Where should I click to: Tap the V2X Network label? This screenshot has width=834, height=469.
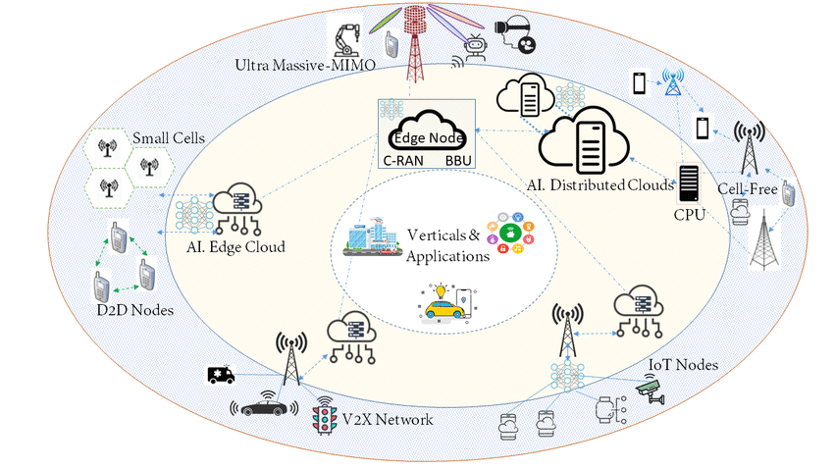tap(388, 420)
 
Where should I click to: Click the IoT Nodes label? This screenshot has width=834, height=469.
tap(683, 365)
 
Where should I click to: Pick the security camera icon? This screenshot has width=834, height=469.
tap(649, 390)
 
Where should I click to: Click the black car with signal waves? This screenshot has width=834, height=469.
tap(263, 407)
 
